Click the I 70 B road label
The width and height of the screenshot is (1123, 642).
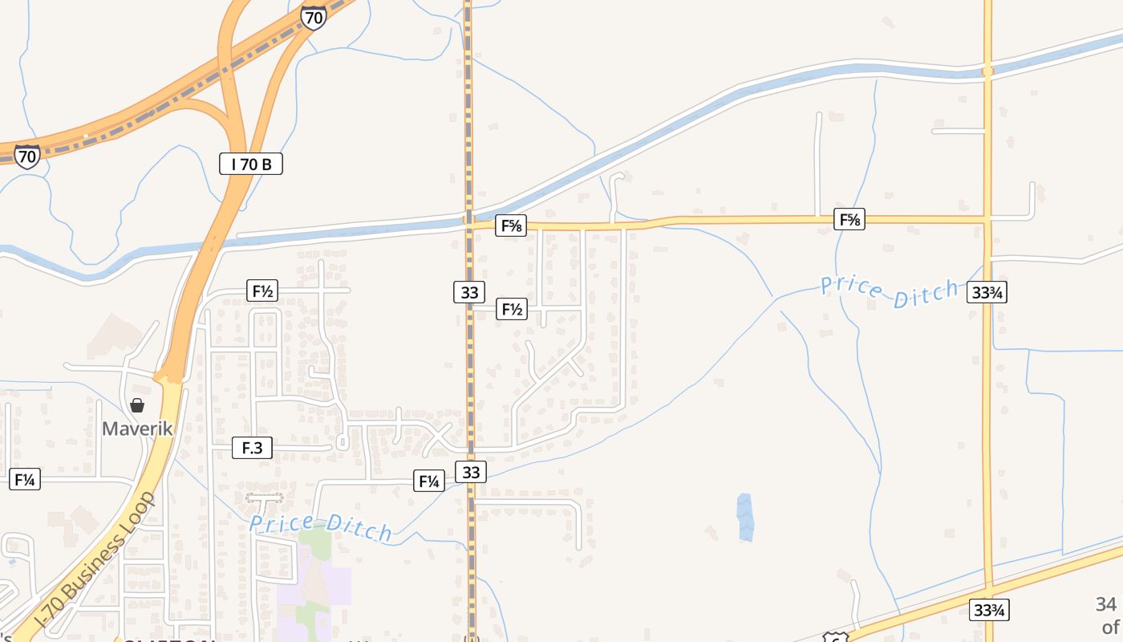251,165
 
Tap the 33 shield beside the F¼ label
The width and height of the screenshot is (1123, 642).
471,473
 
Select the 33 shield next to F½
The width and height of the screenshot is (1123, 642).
468,292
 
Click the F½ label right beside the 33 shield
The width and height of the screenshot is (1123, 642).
512,309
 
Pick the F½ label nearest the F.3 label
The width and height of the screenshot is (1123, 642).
263,291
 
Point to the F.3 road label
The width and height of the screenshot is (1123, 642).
252,448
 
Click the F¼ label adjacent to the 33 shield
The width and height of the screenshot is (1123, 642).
428,481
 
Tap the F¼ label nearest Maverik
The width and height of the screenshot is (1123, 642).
25,480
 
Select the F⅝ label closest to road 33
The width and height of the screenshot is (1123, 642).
511,226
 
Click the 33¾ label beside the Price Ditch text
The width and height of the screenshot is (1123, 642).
987,293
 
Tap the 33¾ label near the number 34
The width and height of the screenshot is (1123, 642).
988,610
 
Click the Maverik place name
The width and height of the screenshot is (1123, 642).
137,429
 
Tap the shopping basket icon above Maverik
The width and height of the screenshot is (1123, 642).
137,405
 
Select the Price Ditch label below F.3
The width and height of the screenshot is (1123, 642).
321,527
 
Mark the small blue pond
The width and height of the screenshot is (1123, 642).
745,516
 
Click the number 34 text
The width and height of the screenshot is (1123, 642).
1106,604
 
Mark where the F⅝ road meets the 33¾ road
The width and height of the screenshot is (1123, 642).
987,218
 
